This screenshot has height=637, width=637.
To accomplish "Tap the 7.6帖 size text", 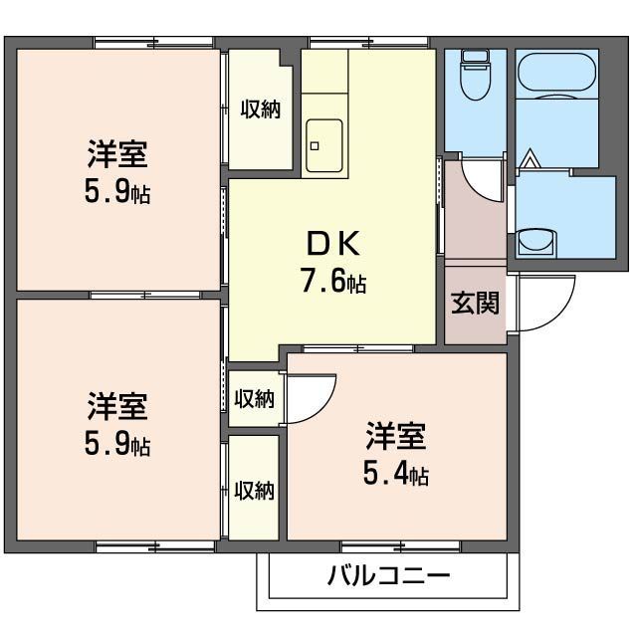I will tap(332, 282).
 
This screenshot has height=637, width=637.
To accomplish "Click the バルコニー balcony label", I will tap(388, 575).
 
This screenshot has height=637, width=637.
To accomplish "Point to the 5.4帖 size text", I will tap(395, 474).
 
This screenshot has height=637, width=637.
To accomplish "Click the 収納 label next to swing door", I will tap(254, 399).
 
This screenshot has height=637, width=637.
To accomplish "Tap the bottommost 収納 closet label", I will tap(254, 490).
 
